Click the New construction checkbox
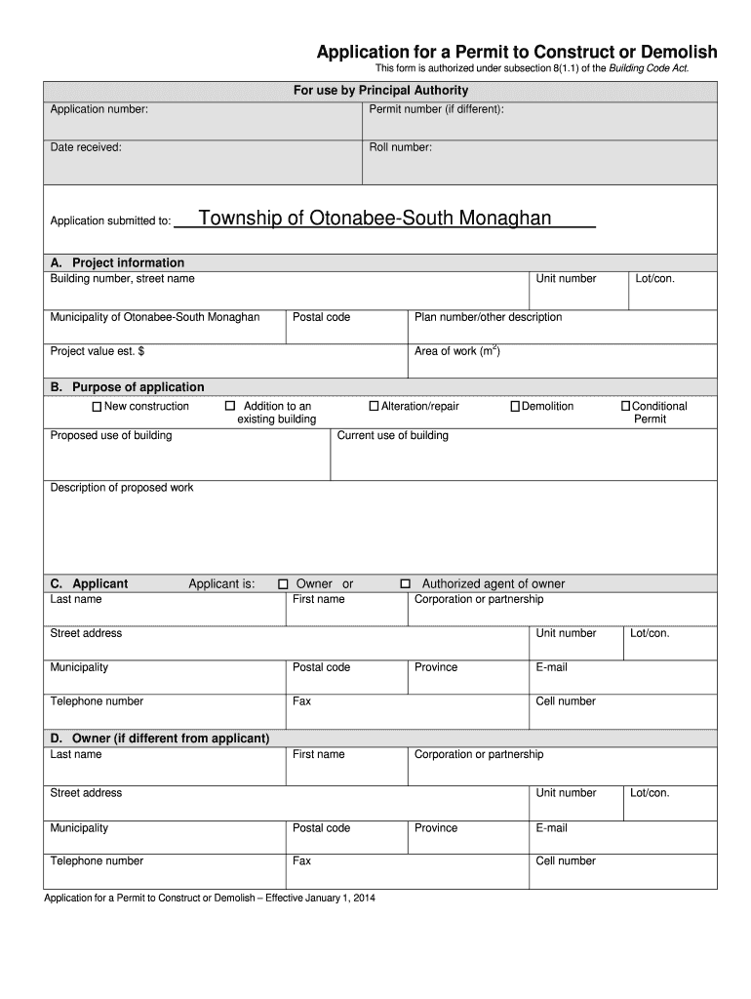pos(97,407)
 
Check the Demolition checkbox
pos(515,407)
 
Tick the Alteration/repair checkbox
pos(374,407)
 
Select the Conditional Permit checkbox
pos(626,407)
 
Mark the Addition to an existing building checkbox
pos(230,406)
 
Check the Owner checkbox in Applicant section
pos(283,584)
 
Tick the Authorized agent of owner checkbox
pos(406,584)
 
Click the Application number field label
pos(99,109)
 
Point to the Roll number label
pos(400,148)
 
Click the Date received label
pos(86,148)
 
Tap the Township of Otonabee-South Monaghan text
pos(375,219)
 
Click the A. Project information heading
pos(117,263)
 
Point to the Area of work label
pos(456,351)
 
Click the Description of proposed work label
pos(122,488)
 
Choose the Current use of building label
pos(392,436)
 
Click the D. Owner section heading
pos(160,739)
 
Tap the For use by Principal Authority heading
pos(381,91)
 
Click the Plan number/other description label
pos(488,317)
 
